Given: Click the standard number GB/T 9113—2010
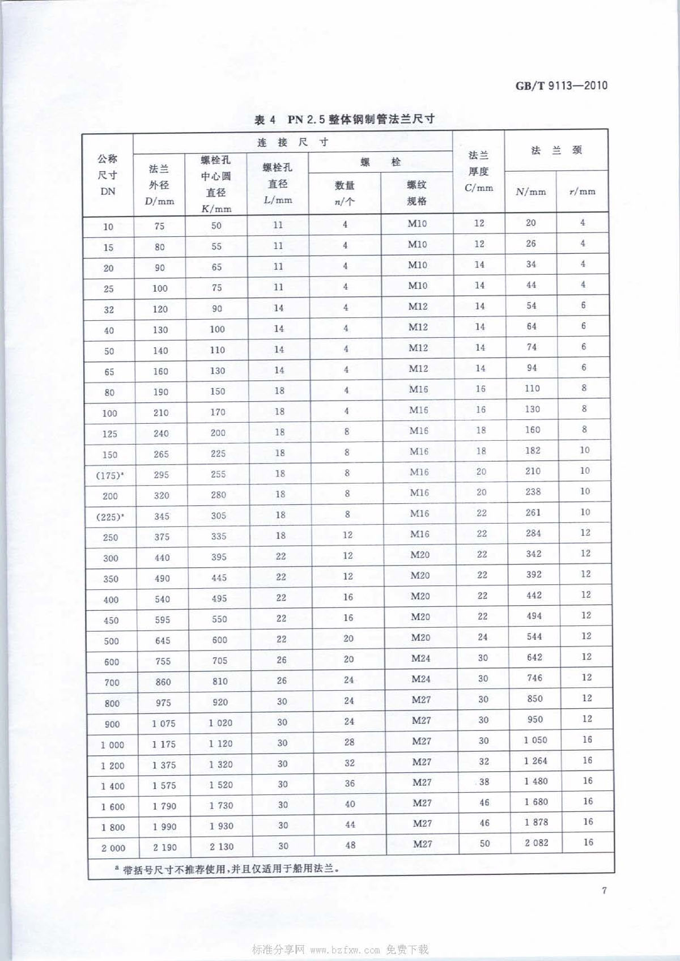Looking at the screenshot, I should coord(561,86).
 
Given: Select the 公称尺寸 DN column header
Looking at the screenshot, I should coord(108,175).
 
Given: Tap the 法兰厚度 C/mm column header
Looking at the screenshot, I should coord(479,171).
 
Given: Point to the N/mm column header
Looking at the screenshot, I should coord(530,192).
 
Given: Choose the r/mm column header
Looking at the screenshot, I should coord(583,192).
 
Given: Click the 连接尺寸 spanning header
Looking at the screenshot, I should coord(292,142).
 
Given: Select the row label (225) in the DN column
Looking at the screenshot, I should coord(110,517).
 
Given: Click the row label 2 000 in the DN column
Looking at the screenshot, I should coord(113,848).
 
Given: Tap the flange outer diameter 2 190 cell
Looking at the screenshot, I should coord(164,848).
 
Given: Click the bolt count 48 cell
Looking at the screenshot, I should coord(350,845).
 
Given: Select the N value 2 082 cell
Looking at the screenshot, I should coord(536,843).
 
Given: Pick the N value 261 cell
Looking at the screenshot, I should coord(533,513).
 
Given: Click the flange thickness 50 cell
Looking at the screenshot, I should coord(484,844).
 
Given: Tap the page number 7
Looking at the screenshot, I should coord(604,890).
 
